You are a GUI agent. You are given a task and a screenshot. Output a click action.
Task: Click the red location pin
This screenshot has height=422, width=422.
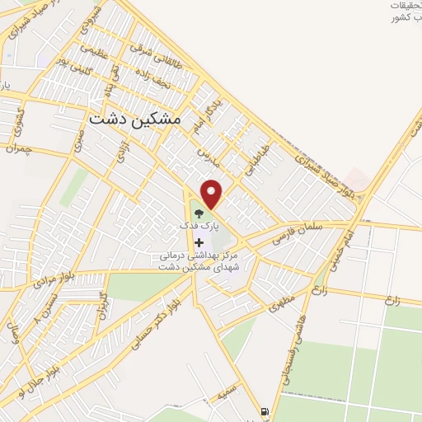click(x=213, y=194)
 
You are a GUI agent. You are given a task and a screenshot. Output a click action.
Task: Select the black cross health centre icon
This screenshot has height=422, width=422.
click(x=199, y=242)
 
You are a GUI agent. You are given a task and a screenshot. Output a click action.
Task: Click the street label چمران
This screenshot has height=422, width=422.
click(x=16, y=149)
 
